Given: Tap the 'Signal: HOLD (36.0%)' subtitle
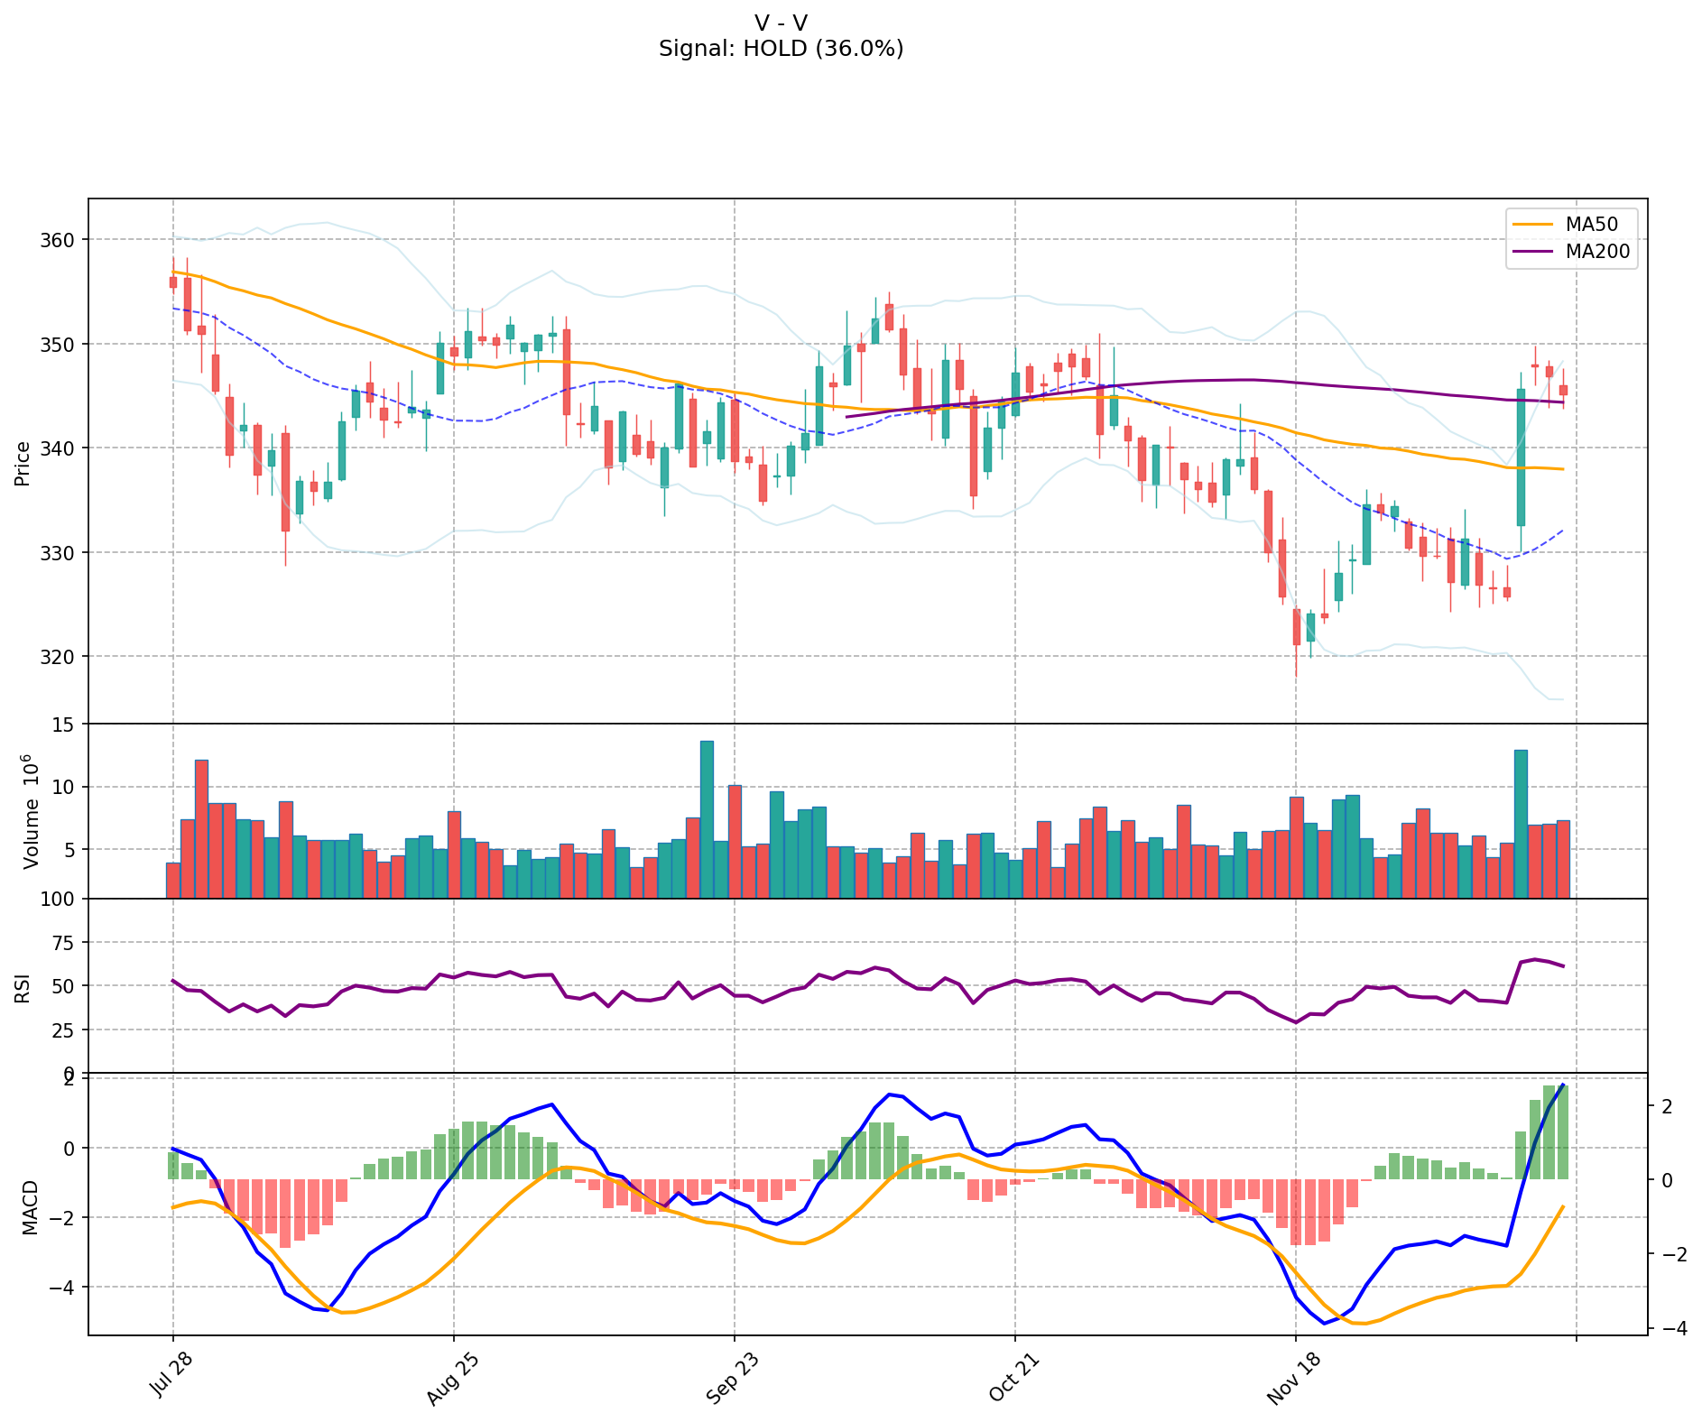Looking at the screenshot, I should [x=781, y=49].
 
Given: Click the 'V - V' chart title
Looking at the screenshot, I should [x=781, y=23].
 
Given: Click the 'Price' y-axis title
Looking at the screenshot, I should [x=23, y=463].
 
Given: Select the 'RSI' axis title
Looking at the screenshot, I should [x=23, y=987].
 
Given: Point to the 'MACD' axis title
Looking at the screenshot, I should [x=30, y=1207].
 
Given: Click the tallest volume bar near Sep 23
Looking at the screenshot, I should [x=707, y=819].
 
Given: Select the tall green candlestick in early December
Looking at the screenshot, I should [x=1521, y=457].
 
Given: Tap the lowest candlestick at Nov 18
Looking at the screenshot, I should [x=1297, y=627].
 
